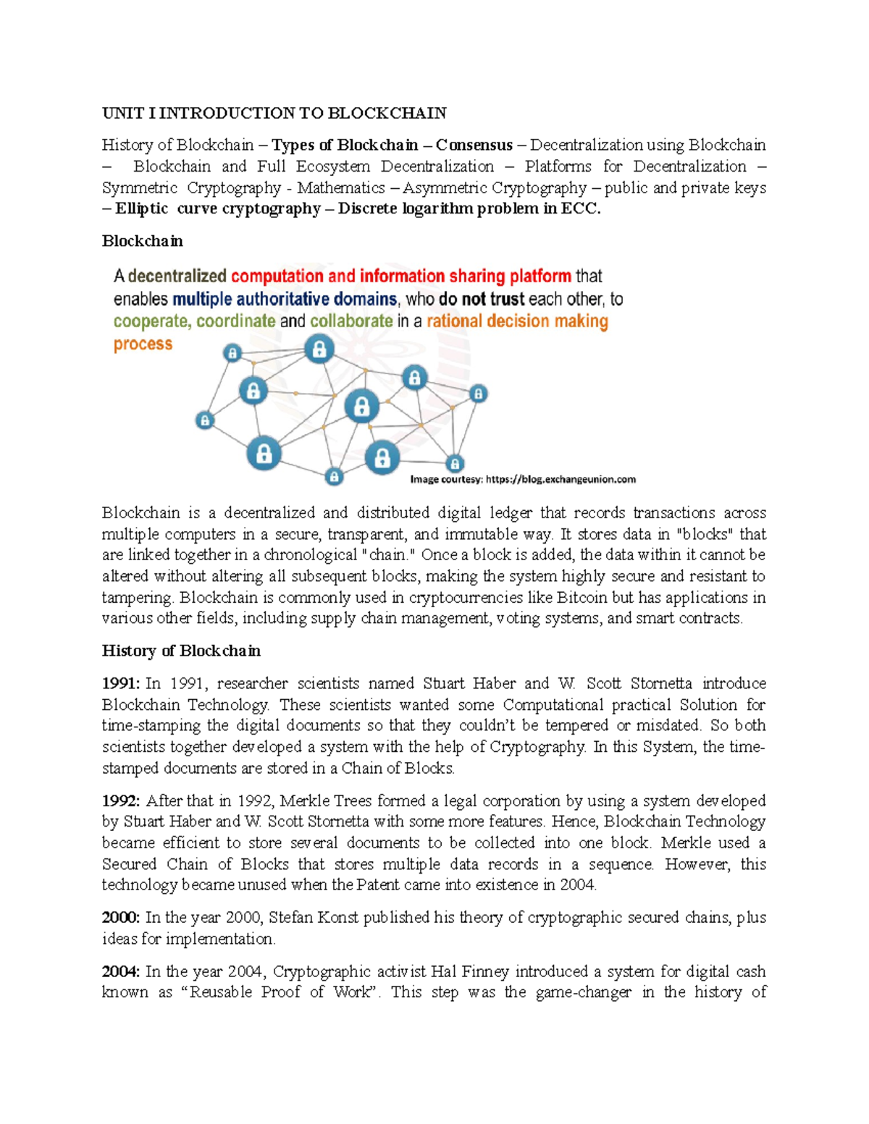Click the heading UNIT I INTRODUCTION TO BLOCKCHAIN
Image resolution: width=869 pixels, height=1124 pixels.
tap(274, 113)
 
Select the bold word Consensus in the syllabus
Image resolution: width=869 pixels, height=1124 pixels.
tap(474, 145)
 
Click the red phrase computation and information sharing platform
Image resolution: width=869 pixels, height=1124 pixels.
tap(400, 276)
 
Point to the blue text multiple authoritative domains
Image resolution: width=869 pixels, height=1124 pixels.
tap(285, 299)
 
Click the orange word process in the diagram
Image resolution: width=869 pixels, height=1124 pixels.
tap(143, 344)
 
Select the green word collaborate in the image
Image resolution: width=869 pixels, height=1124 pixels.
tap(351, 321)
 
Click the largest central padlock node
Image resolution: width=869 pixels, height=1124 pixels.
tap(361, 407)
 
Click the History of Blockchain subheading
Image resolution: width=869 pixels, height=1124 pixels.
tap(181, 651)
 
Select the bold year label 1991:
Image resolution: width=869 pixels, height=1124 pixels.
tap(121, 683)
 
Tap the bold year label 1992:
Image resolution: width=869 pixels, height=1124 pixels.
tap(121, 800)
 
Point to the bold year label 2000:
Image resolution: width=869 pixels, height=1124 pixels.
tap(121, 918)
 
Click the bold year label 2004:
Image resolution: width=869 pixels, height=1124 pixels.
tap(121, 971)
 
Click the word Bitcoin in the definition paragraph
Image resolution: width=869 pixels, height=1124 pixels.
tap(582, 598)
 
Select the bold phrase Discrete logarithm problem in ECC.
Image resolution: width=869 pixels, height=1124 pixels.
tap(469, 208)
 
